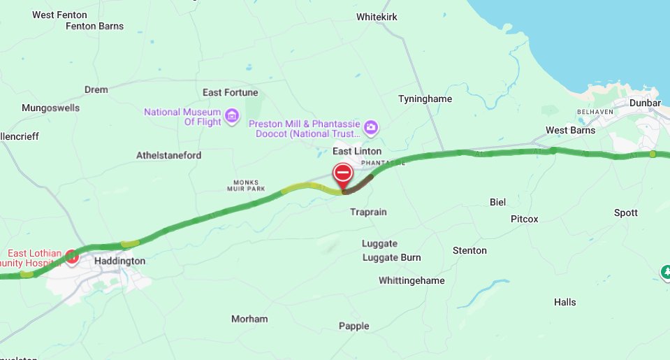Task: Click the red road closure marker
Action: click(342, 173)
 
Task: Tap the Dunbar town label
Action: click(645, 103)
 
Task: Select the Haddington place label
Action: click(119, 261)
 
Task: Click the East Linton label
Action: click(357, 151)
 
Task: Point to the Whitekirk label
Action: click(377, 17)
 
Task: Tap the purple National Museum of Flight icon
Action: click(232, 114)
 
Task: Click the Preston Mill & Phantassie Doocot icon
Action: click(372, 127)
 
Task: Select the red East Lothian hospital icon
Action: click(73, 258)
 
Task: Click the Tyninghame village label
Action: click(425, 99)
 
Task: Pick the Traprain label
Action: click(368, 212)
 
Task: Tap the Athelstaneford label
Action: click(168, 155)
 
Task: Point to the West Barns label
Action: click(570, 130)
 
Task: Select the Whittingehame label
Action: click(412, 281)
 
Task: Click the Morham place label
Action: click(249, 319)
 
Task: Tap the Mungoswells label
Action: click(50, 108)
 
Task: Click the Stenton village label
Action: click(469, 250)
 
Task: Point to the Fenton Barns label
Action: click(94, 27)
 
